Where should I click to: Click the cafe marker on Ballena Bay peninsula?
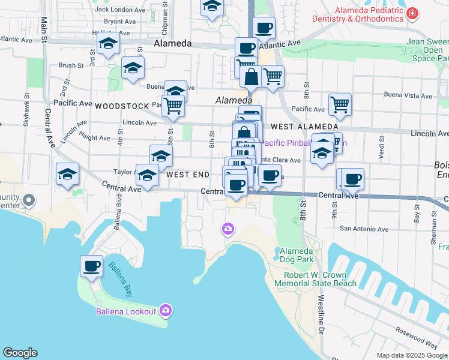(91, 266)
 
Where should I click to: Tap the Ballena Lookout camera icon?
(166, 310)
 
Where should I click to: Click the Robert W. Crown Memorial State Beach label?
(320, 279)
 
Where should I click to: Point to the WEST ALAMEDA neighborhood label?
(304, 127)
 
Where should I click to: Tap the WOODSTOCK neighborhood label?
(121, 106)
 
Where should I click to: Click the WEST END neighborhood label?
(188, 175)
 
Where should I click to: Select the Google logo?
(20, 353)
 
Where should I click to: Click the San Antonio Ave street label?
(364, 229)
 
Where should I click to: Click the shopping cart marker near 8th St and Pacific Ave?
(340, 104)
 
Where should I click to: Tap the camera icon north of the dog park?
(228, 228)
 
